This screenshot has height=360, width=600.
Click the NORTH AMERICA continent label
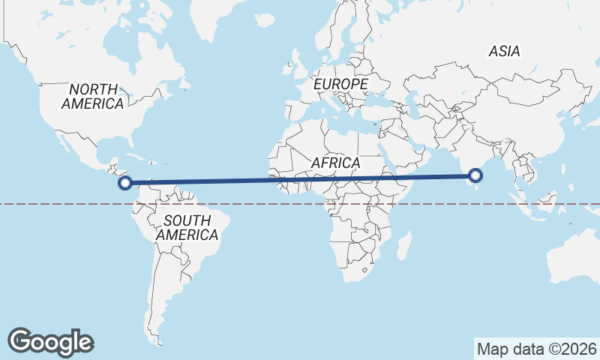click(x=92, y=97)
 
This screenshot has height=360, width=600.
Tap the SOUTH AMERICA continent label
click(x=187, y=227)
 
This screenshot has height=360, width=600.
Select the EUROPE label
click(x=340, y=84)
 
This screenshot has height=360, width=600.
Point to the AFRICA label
click(x=335, y=163)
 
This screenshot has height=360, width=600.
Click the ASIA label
click(x=504, y=52)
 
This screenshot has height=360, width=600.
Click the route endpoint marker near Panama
click(x=126, y=181)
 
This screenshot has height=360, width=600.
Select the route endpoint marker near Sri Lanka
click(x=475, y=176)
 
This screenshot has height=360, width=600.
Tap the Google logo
click(x=51, y=342)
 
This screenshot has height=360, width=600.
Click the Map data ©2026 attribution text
click(x=537, y=349)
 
